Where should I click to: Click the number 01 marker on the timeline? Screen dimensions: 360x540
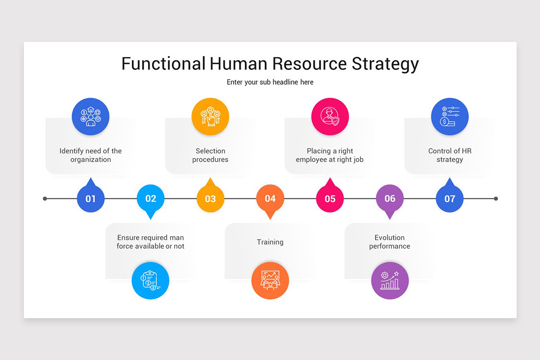tap(90, 198)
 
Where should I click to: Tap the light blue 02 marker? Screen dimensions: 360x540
tap(151, 198)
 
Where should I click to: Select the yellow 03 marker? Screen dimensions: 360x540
tap(210, 198)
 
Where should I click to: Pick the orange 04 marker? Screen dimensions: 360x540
tap(270, 198)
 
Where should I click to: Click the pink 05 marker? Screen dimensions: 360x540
tap(330, 198)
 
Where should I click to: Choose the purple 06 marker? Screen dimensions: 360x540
tap(390, 198)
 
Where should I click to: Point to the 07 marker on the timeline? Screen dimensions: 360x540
tap(450, 198)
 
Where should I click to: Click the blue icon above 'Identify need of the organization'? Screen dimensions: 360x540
tap(90, 117)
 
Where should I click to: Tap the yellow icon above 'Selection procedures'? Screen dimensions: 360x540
tap(210, 117)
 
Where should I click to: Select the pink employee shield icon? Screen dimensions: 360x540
tap(330, 117)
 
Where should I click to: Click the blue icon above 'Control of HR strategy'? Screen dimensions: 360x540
tap(450, 117)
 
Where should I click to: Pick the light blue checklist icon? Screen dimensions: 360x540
tap(150, 280)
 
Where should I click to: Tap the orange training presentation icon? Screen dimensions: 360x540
tap(270, 280)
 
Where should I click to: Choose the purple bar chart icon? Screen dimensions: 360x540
tap(390, 280)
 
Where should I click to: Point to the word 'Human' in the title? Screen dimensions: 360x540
tap(238, 63)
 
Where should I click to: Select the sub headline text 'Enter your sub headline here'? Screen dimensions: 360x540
tap(270, 82)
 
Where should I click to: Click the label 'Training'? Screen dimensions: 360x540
tap(270, 242)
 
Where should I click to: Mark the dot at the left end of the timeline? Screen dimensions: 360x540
tap(45, 198)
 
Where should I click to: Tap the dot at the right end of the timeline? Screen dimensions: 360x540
tap(496, 198)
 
